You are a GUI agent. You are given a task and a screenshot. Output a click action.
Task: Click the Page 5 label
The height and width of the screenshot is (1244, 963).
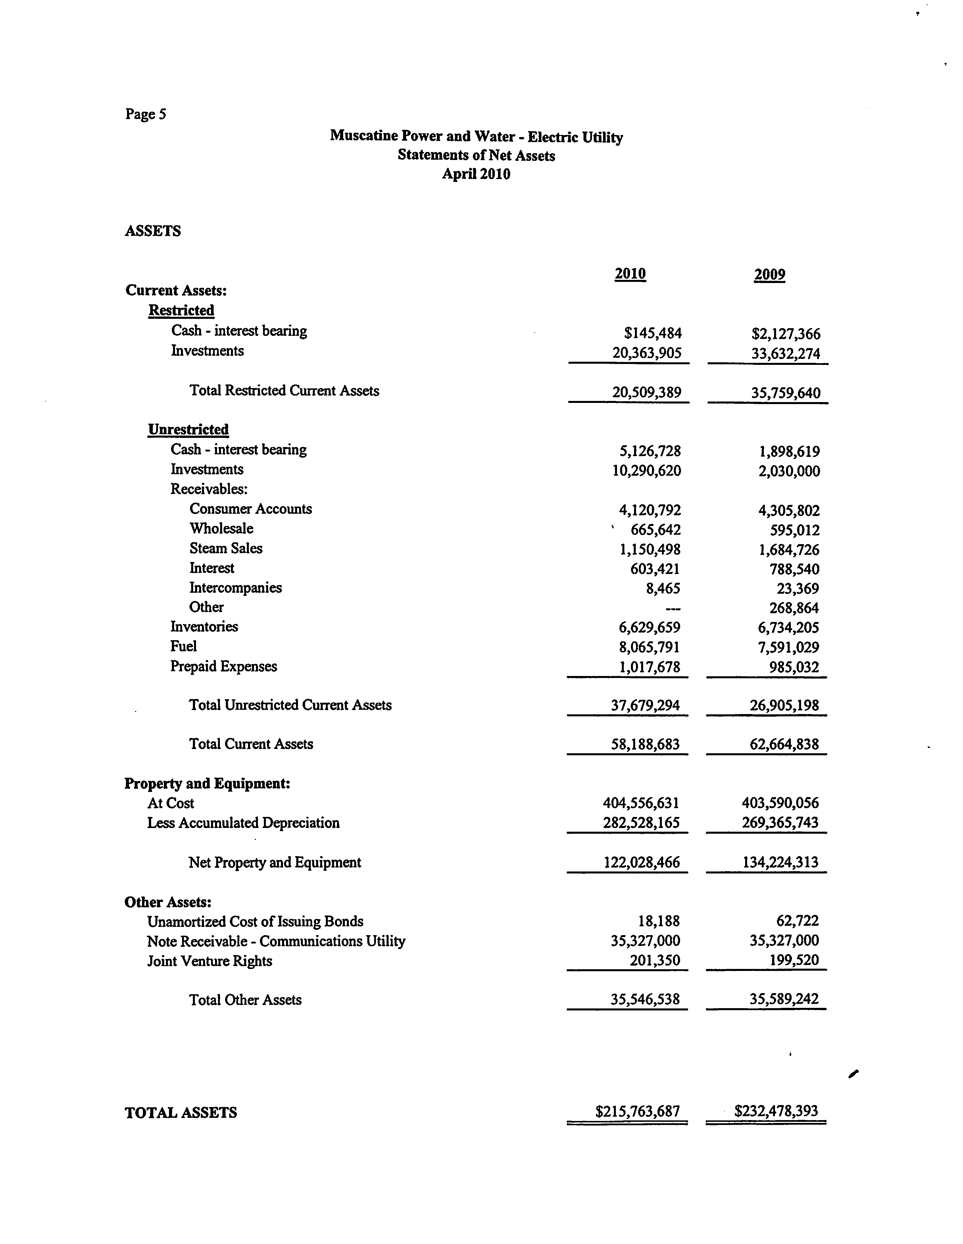(146, 115)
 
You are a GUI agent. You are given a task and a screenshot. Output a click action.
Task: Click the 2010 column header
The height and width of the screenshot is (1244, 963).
(630, 274)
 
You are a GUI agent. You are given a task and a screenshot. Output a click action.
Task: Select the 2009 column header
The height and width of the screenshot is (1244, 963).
(769, 274)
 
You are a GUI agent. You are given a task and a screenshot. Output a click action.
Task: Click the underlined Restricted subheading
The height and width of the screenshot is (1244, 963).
(181, 310)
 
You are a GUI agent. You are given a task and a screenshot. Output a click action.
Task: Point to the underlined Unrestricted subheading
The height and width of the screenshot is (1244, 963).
(188, 429)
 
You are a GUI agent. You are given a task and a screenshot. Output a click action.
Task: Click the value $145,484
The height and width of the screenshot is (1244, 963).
(653, 333)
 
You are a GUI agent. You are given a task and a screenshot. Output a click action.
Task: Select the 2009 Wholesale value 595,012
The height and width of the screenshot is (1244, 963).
(795, 530)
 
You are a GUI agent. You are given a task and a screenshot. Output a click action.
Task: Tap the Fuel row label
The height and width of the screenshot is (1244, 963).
(184, 646)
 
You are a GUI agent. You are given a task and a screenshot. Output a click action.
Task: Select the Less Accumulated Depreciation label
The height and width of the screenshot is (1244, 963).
(243, 823)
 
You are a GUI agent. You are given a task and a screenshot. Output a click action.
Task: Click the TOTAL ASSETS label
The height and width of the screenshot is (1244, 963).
(180, 1112)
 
